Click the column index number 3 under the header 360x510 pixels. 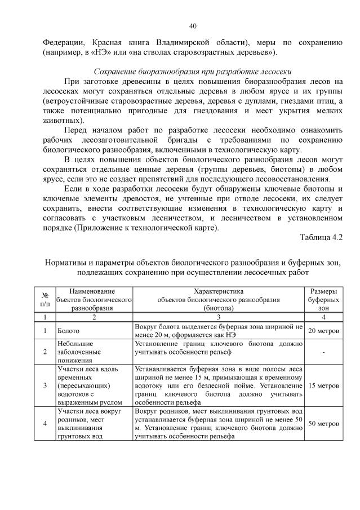pos(218,318)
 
